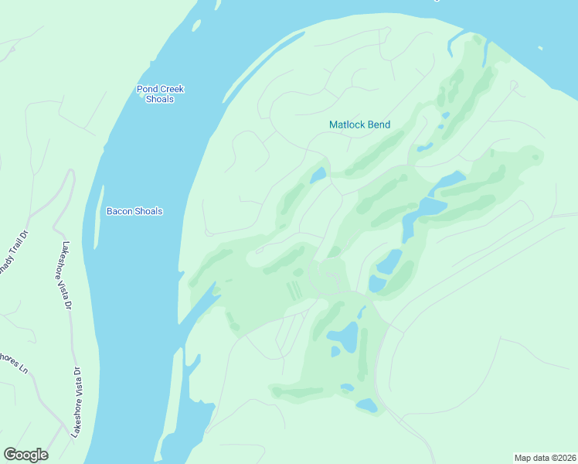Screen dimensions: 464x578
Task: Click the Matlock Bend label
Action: [359, 125]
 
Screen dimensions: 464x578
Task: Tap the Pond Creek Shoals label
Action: [160, 94]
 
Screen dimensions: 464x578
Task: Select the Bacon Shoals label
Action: [134, 211]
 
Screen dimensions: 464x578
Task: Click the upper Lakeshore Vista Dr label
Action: [66, 275]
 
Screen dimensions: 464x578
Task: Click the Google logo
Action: [25, 455]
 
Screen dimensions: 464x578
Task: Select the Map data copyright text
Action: [544, 457]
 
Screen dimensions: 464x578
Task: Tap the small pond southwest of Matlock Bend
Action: [318, 176]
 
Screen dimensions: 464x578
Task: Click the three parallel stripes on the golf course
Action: [294, 291]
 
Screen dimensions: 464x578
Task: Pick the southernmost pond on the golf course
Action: [366, 405]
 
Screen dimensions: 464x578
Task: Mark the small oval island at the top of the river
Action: [196, 26]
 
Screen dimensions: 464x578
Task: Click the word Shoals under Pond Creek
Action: [160, 100]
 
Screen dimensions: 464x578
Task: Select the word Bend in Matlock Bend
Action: [379, 125]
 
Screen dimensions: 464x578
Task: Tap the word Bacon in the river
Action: [119, 211]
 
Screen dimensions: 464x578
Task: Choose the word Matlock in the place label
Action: [346, 125]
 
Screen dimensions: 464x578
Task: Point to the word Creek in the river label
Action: [172, 89]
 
